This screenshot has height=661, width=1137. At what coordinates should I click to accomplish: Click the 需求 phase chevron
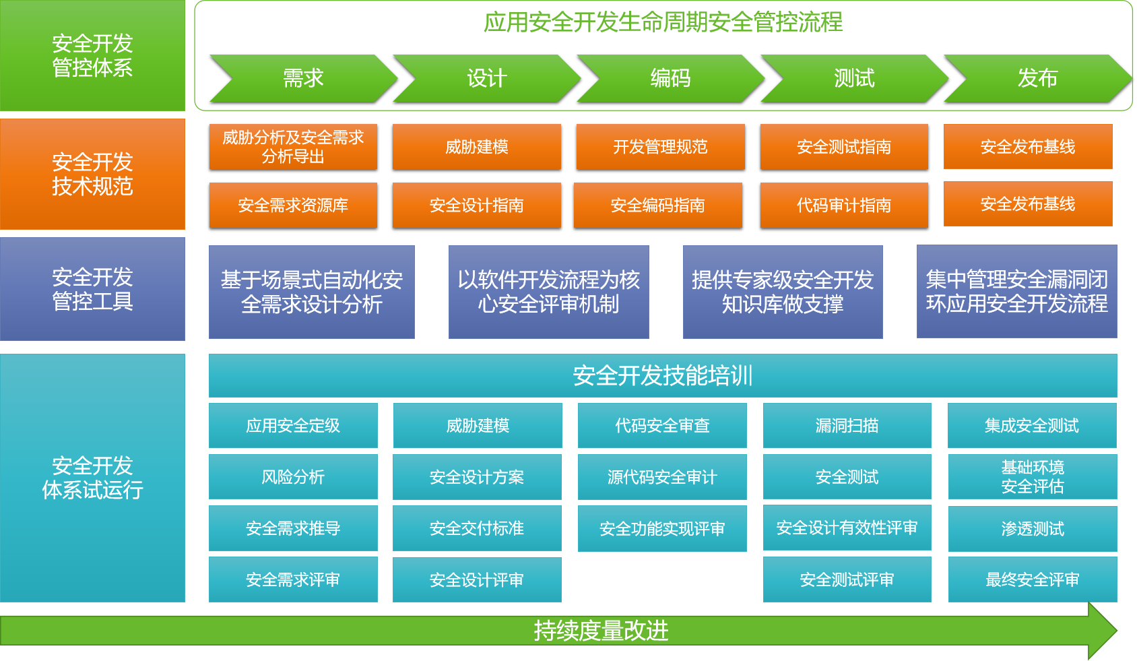coord(303,78)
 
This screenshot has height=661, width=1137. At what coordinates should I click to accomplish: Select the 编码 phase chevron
coord(670,78)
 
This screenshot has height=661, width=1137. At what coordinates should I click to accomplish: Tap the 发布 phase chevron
coord(1037,78)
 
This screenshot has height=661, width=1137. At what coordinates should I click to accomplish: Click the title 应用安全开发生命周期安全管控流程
coord(663,22)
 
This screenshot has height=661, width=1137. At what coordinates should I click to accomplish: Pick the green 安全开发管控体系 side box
coord(92,56)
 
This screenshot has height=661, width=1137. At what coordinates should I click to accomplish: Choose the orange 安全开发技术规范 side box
coord(92,174)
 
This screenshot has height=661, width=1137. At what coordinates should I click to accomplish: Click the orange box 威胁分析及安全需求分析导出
coord(293,146)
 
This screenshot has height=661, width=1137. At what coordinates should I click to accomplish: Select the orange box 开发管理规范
coord(660,146)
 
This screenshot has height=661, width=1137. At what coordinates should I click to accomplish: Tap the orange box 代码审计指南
coord(844,205)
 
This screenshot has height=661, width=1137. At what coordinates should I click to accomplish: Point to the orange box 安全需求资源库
coord(293,205)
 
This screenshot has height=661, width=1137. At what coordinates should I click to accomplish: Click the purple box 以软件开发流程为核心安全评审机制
coord(548,292)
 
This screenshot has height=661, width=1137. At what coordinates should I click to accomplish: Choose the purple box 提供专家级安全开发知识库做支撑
coord(783,292)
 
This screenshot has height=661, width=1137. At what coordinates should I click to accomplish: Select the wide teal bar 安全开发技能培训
coord(663,375)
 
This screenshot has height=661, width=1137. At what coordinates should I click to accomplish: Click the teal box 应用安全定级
coord(293,425)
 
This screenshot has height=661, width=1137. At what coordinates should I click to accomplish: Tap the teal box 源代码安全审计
coord(662,477)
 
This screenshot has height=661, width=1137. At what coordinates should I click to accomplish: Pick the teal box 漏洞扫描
coord(847,425)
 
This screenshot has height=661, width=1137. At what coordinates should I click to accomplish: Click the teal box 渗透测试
coord(1033,529)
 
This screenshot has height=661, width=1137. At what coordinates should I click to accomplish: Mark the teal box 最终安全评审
coord(1033,579)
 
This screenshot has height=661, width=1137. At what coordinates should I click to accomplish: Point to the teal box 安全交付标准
coord(477,528)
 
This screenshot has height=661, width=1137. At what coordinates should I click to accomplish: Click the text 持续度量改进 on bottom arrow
coord(601,631)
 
